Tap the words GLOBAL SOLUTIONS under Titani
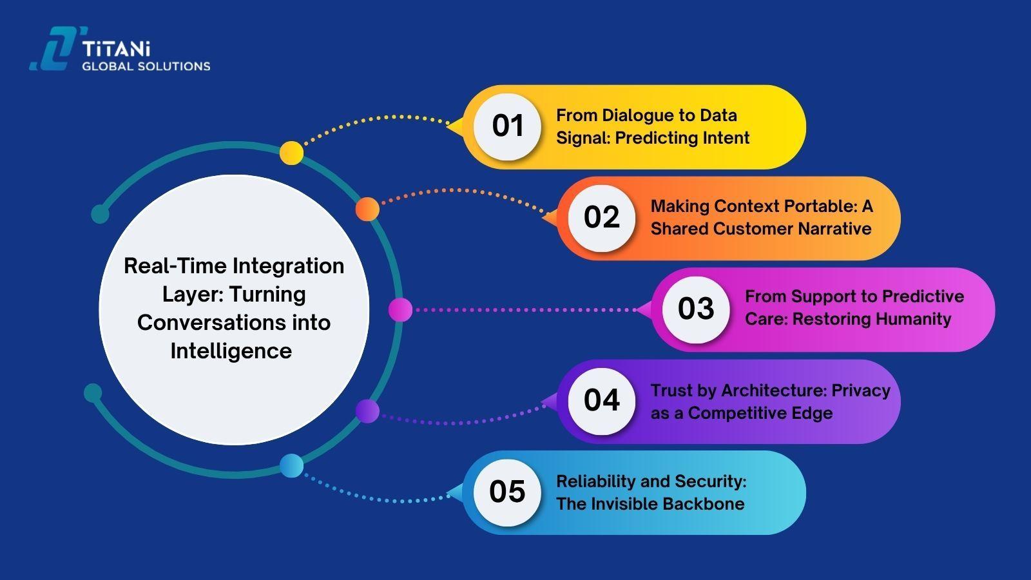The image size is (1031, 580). tap(146, 66)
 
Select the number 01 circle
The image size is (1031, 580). tap(507, 126)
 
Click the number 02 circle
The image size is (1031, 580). tap(601, 218)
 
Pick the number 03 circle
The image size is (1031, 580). tap(696, 309)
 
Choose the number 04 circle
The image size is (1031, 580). tap(601, 400)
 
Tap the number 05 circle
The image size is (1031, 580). tap(507, 492)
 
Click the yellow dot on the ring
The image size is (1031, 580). tap(291, 153)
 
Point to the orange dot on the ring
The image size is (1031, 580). tap(367, 209)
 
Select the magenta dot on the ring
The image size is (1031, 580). tap(400, 310)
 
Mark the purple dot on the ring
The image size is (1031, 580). tap(367, 411)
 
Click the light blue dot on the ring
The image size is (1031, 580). tap(291, 466)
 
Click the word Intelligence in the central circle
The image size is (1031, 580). tap(231, 351)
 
